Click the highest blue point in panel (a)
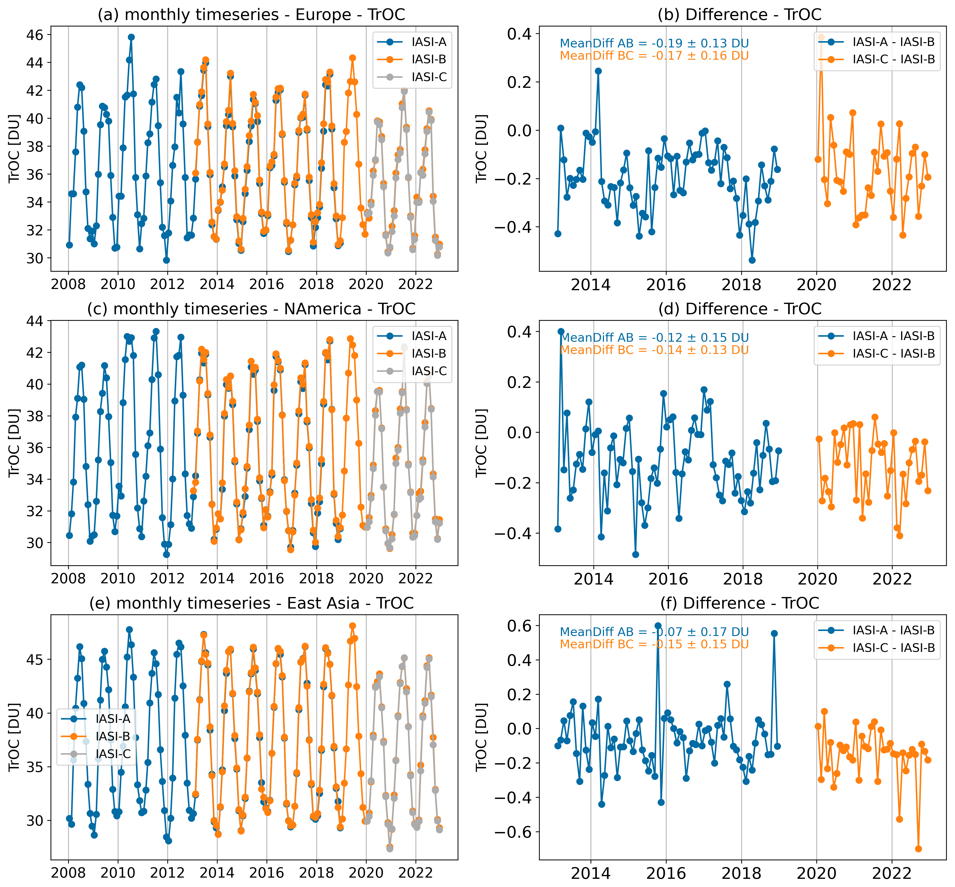click(131, 37)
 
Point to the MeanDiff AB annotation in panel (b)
click(654, 43)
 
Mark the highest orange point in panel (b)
click(821, 37)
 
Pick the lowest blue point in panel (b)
click(752, 260)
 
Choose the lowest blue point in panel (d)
click(635, 554)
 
